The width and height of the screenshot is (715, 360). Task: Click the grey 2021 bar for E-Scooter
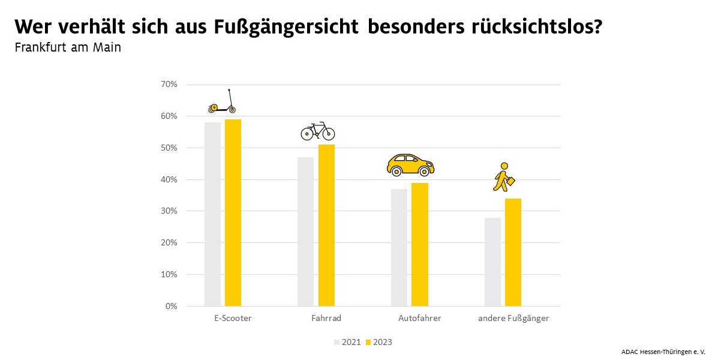212,214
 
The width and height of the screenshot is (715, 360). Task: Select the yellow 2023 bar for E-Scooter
233,212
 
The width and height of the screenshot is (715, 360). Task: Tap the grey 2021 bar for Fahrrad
305,232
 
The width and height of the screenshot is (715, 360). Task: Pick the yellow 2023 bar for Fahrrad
326,225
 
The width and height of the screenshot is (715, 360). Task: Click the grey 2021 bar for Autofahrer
399,247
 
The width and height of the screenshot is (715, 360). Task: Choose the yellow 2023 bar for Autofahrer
420,244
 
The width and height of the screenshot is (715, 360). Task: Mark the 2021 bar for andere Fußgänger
492,262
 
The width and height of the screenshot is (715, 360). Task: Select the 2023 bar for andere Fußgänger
513,252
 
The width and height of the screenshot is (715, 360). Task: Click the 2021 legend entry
348,342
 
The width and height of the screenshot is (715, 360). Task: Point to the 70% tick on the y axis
169,85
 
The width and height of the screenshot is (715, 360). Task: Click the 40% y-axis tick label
169,179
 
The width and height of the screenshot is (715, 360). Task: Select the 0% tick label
171,306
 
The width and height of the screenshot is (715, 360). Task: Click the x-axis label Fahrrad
326,318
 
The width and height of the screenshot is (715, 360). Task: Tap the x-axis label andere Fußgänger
513,318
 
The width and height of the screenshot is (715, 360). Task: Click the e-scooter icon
222,102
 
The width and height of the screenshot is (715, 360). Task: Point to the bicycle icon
317,131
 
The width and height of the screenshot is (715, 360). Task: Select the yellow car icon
410,164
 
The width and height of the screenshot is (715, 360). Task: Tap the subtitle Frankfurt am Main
68,47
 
